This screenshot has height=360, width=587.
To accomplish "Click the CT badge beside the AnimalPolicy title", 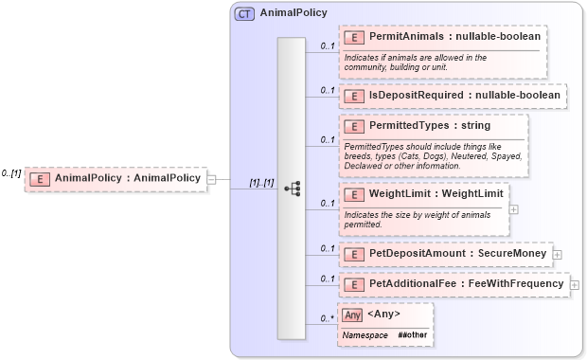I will tap(244, 13).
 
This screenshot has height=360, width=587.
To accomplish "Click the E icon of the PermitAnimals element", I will tap(353, 37).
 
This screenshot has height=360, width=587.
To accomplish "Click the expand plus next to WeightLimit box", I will tap(513, 209).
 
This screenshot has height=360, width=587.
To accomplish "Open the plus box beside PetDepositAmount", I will tap(557, 255).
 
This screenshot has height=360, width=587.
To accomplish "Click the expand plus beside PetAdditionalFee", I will tap(574, 284).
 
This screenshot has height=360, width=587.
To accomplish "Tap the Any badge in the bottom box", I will tap(352, 315).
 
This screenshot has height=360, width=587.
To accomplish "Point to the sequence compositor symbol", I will tap(292, 189).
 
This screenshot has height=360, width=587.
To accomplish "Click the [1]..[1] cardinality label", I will tap(261, 182).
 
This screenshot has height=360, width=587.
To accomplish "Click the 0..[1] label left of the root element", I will tap(11, 173).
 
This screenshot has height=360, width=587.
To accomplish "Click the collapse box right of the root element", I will tap(211, 178).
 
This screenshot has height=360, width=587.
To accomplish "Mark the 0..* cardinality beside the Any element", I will tap(327, 318).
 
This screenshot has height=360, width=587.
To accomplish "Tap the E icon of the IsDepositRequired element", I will tap(353, 96).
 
